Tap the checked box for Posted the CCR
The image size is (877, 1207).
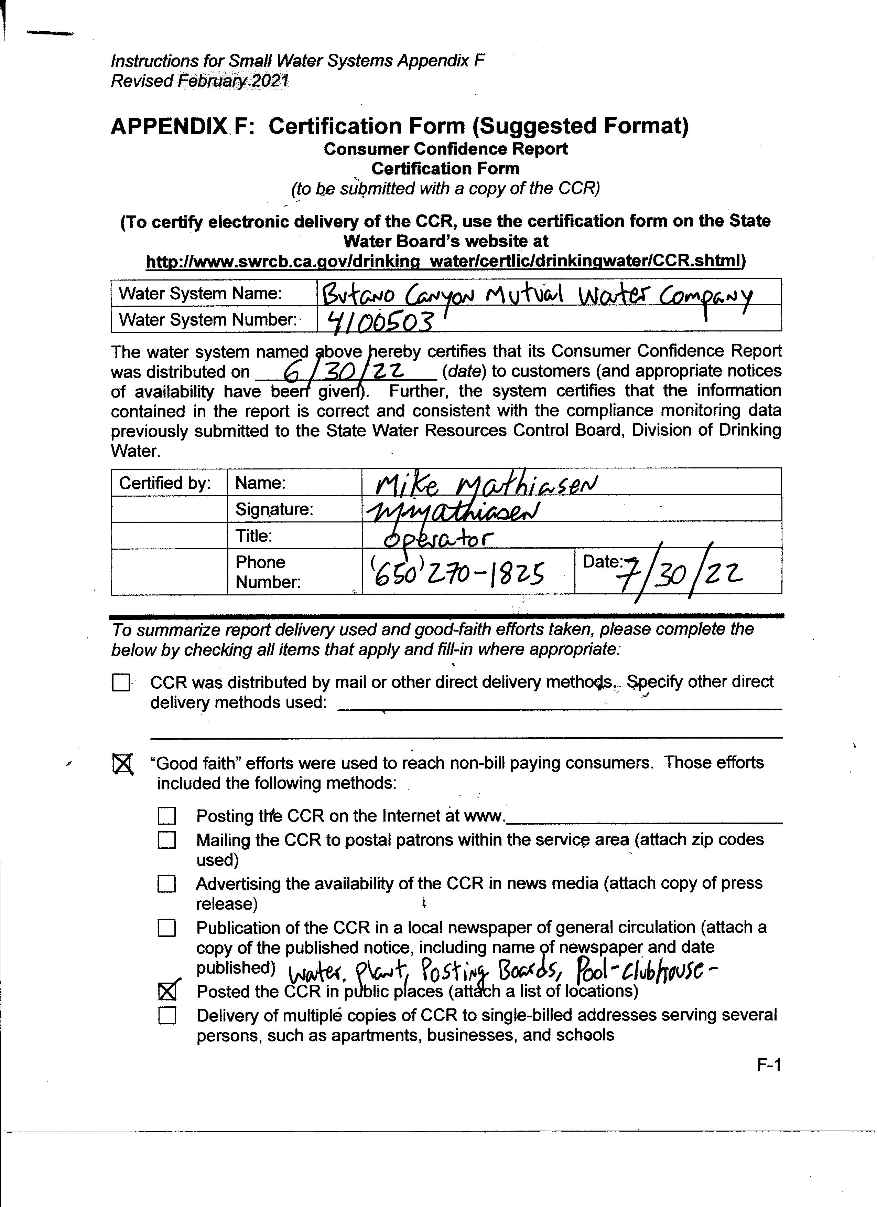pos(167,991)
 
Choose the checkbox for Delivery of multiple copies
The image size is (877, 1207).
pos(167,1016)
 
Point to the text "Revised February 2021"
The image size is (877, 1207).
pos(199,81)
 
